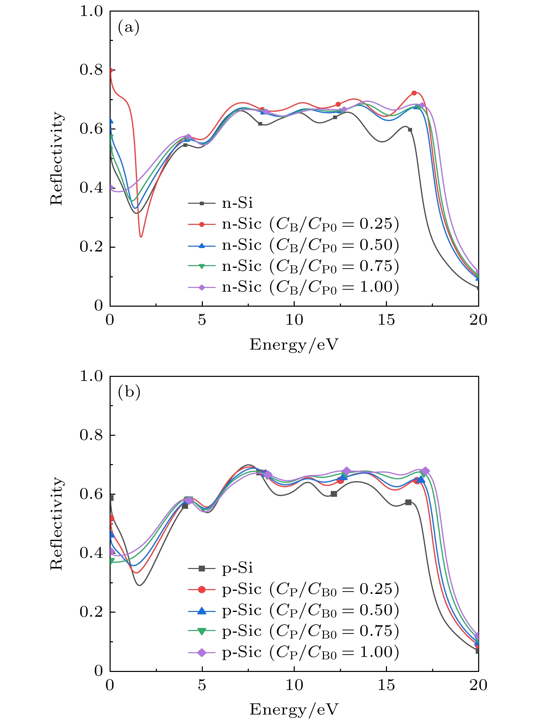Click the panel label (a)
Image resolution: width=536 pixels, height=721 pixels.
(x=128, y=27)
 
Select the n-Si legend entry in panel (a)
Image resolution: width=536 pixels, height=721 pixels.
(x=237, y=203)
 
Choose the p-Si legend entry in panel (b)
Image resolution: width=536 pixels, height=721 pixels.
(x=237, y=568)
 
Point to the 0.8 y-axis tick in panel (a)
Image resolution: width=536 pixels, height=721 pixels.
(x=91, y=70)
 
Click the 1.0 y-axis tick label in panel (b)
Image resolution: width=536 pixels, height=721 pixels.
(x=91, y=376)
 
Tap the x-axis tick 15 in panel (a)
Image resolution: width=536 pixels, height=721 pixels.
(x=386, y=320)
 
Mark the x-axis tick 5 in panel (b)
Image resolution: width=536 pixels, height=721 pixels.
(x=202, y=685)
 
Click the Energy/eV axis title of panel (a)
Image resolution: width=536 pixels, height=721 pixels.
(x=294, y=344)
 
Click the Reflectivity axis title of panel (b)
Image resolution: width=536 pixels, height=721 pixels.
(x=56, y=523)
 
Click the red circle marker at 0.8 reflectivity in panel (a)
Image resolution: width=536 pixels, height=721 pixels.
(x=111, y=71)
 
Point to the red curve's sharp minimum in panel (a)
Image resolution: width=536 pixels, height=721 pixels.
(x=141, y=236)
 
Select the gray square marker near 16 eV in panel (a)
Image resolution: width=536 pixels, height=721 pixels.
(x=410, y=130)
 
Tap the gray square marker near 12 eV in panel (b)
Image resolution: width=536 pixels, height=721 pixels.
(x=334, y=494)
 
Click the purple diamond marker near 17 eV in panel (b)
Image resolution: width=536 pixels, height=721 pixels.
(x=425, y=471)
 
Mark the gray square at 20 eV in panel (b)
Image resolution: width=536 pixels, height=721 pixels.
(x=478, y=651)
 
